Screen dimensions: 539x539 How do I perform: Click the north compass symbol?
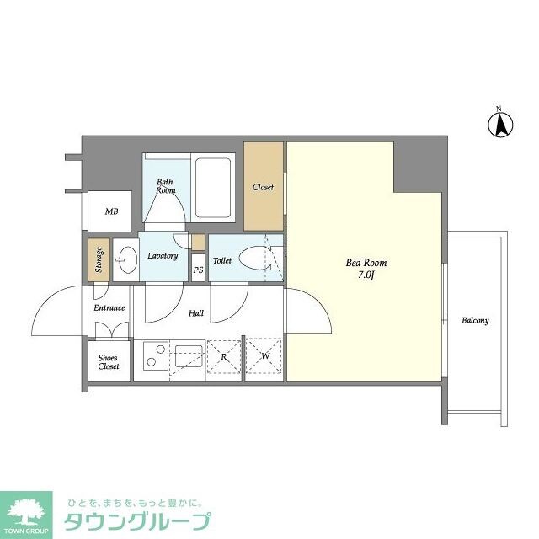click(x=499, y=125)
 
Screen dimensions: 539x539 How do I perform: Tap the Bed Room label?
click(x=366, y=264)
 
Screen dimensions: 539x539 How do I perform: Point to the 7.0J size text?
click(x=366, y=276)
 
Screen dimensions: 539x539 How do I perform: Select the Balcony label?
click(x=475, y=321)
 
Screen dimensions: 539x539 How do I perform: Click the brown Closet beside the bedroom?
click(x=264, y=186)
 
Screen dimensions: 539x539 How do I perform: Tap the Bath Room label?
click(x=165, y=185)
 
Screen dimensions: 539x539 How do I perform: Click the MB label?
click(x=111, y=211)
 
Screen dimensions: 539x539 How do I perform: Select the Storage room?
click(x=99, y=260)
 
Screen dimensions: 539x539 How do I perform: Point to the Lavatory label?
click(x=163, y=255)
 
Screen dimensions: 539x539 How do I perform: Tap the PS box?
click(x=198, y=270)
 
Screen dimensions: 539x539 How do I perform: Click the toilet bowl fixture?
click(x=253, y=260)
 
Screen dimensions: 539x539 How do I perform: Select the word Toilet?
click(x=221, y=261)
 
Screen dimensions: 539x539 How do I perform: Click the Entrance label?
click(x=109, y=308)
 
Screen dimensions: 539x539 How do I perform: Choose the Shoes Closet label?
click(x=109, y=361)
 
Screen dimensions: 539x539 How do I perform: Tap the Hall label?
click(x=195, y=313)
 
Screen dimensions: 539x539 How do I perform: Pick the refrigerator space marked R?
click(x=223, y=357)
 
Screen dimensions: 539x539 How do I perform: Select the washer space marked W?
click(x=264, y=357)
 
